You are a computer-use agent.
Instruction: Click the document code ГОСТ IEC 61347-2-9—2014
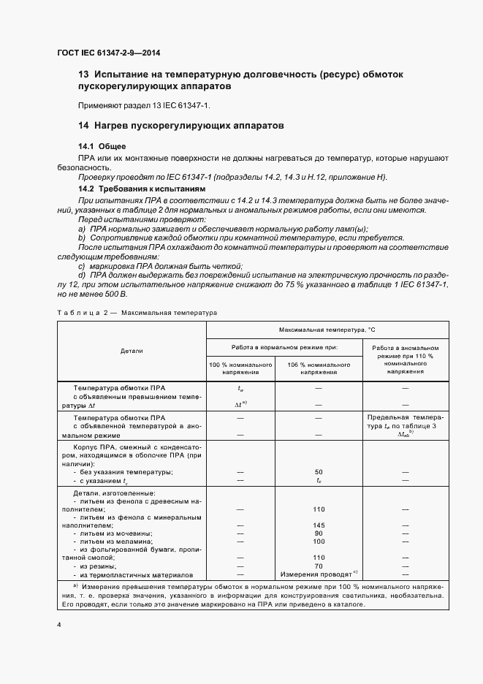(108, 53)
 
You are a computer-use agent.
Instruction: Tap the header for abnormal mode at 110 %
(405, 360)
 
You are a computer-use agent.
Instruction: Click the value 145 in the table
(319, 525)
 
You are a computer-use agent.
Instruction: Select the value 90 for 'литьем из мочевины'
(319, 533)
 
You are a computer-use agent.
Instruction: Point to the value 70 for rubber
(319, 566)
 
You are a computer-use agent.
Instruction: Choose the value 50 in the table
(319, 472)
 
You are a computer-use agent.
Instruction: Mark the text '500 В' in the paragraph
(113, 294)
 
